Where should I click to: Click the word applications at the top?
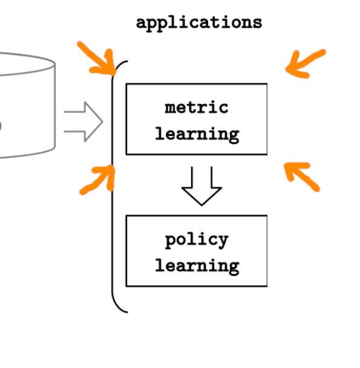click(x=199, y=24)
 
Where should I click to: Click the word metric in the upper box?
click(x=197, y=108)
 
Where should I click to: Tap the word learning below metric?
click(x=197, y=135)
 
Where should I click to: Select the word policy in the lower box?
click(x=197, y=240)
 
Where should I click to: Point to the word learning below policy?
click(x=197, y=266)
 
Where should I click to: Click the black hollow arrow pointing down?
click(x=201, y=186)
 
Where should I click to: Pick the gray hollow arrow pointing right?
click(x=83, y=121)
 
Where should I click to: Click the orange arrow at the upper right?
click(x=306, y=63)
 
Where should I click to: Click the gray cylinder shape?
click(x=55, y=106)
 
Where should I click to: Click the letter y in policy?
click(x=222, y=242)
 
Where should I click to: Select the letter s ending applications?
click(x=257, y=24)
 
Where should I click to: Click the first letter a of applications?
click(x=142, y=24)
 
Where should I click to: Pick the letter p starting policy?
click(x=171, y=242)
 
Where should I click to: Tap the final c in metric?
click(x=223, y=108)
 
